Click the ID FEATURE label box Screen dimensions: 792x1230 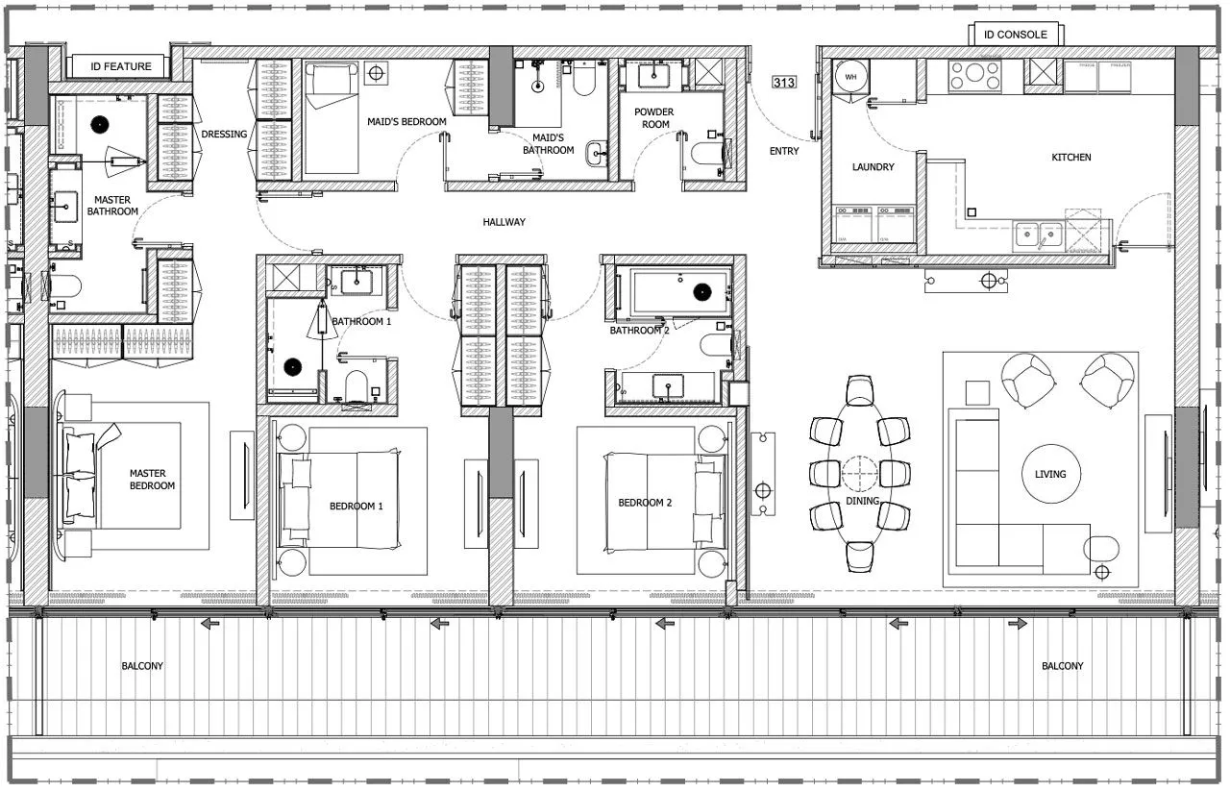point(121,66)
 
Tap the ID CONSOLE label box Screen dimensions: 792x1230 point(1016,35)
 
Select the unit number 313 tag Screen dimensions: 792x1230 point(784,83)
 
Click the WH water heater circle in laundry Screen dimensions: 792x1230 point(850,77)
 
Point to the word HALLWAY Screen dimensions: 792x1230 point(504,222)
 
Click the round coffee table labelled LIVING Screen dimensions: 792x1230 point(1050,474)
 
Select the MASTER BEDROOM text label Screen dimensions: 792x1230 point(147,480)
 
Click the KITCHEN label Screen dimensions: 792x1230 point(1070,158)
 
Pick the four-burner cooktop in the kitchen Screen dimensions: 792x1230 point(974,76)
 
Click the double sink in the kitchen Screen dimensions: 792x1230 point(1038,234)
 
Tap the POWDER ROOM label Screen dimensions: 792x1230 point(653,118)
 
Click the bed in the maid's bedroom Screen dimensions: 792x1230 point(331,117)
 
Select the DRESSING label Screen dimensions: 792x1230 point(224,135)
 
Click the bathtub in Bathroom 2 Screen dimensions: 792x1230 point(680,292)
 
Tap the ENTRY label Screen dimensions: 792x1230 point(784,151)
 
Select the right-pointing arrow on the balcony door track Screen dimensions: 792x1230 point(1017,624)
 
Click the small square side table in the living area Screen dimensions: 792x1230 point(976,392)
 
